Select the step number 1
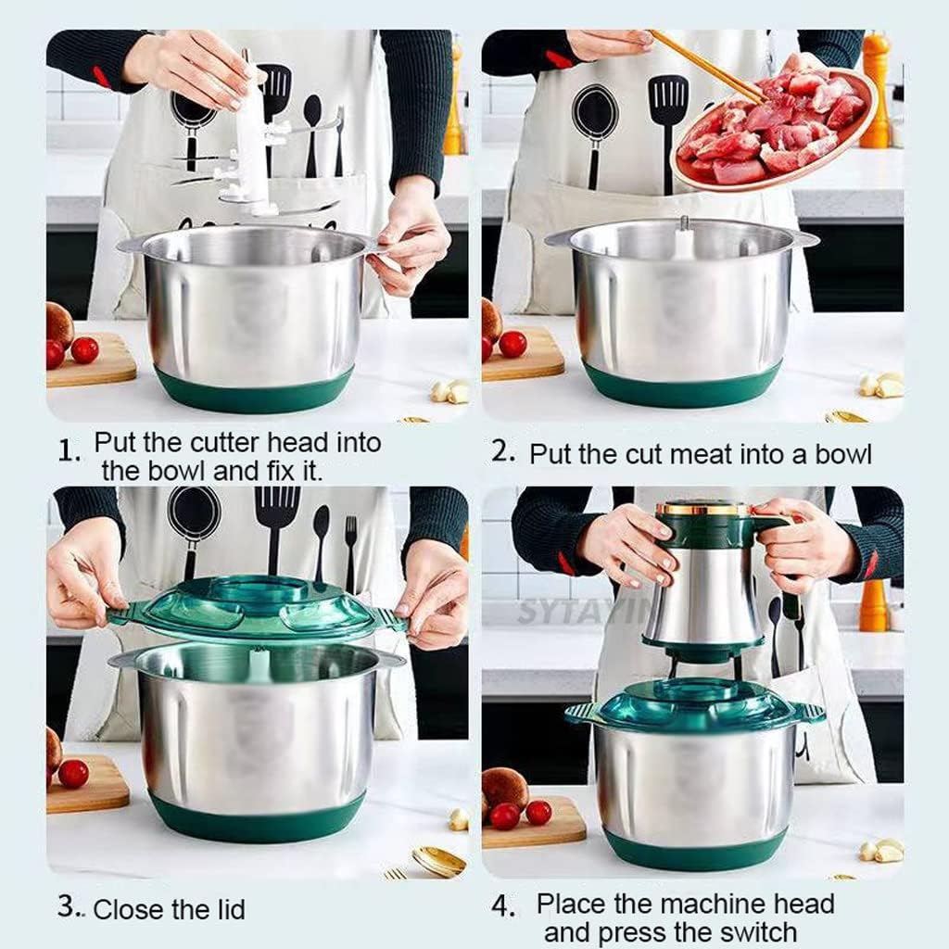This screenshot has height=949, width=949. pos(69,451)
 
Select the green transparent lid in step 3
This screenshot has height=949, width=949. pos(255,607)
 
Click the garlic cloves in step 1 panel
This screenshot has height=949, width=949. pos(450,391)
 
